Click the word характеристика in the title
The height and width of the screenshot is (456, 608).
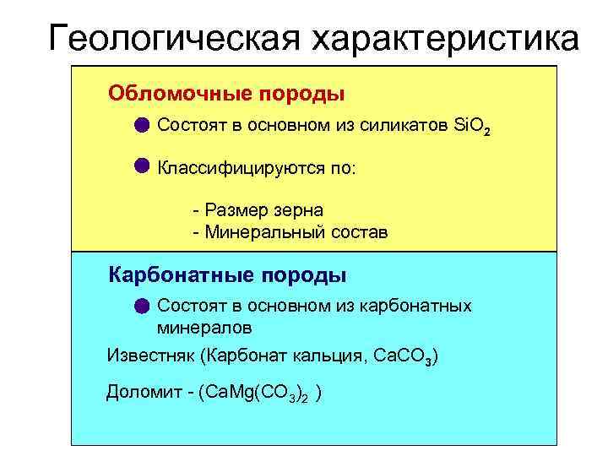click(x=447, y=38)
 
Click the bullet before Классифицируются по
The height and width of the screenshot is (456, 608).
click(x=141, y=164)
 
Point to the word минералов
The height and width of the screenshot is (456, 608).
click(x=204, y=326)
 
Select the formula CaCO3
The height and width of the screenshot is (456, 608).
click(x=403, y=356)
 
